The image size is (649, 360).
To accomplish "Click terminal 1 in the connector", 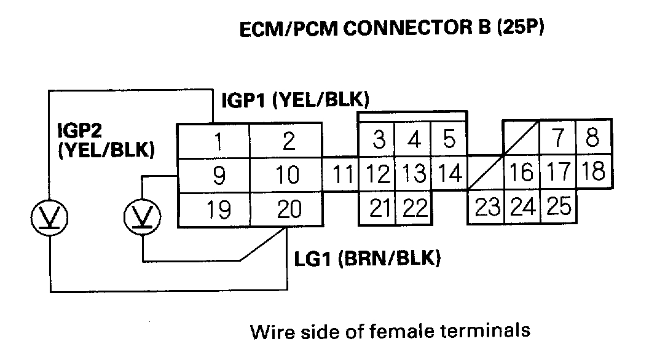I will pyautogui.click(x=217, y=141).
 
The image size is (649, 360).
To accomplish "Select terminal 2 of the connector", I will pyautogui.click(x=288, y=141).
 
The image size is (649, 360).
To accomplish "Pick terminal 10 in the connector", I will pyautogui.click(x=288, y=175).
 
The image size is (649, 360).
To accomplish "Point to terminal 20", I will pyautogui.click(x=288, y=209).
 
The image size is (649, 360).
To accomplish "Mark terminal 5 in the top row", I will pyautogui.click(x=449, y=141).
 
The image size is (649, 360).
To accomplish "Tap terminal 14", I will pyautogui.click(x=450, y=174).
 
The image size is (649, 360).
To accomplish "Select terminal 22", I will pyautogui.click(x=415, y=209).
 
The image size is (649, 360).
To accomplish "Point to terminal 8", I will pyautogui.click(x=592, y=137).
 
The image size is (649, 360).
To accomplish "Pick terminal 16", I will pyautogui.click(x=522, y=173).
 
